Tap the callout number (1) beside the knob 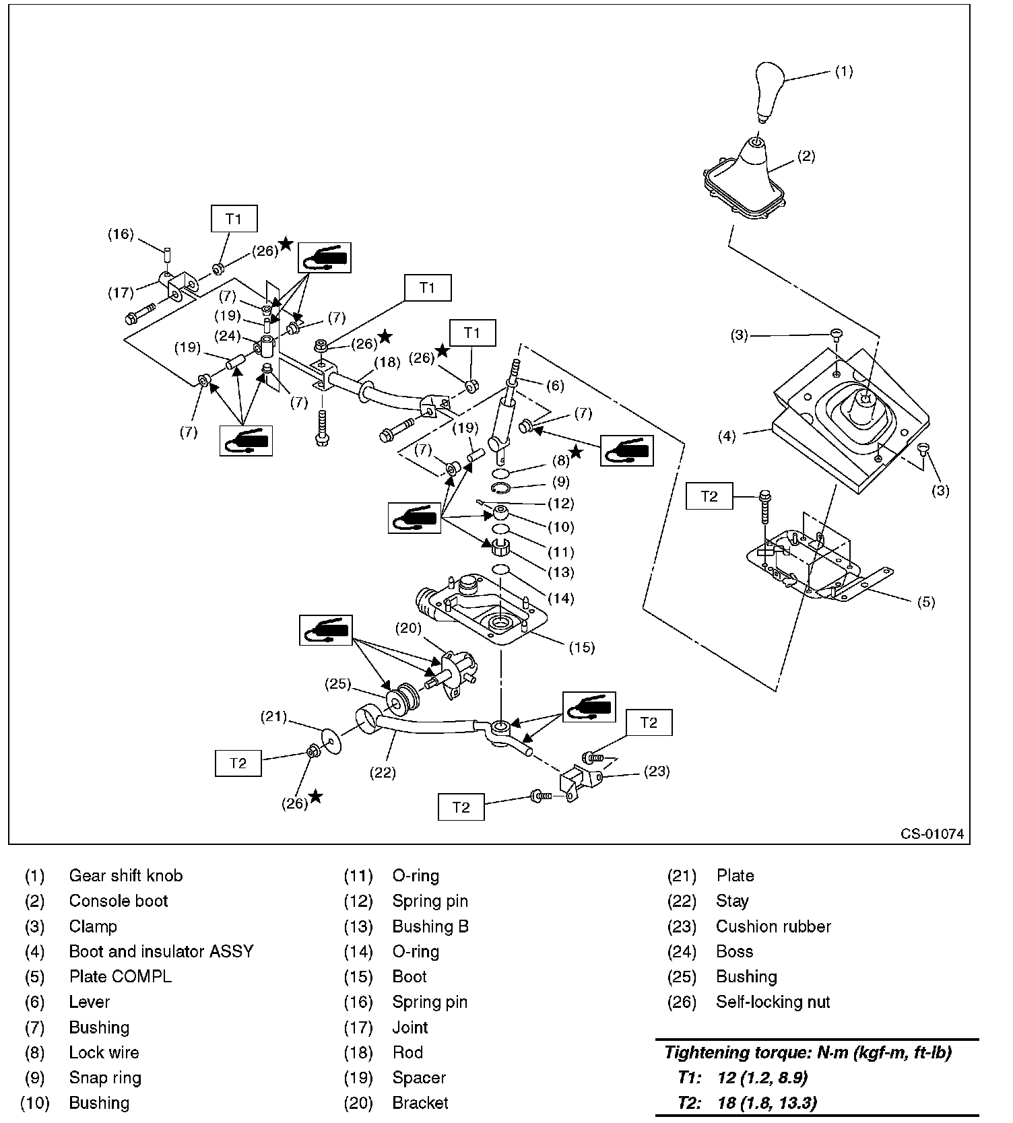click(x=843, y=71)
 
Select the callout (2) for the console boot click(x=806, y=156)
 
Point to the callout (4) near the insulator click(x=727, y=436)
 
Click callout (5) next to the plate click(x=926, y=602)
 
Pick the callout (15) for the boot click(x=582, y=647)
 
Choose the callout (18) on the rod click(x=387, y=362)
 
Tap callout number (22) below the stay click(x=383, y=772)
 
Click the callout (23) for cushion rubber click(x=656, y=771)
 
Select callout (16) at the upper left click(x=121, y=234)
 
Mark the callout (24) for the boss click(x=230, y=335)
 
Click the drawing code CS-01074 click(x=932, y=833)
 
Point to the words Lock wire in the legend click(x=104, y=1052)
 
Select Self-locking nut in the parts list click(x=773, y=1002)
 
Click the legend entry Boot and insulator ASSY click(x=161, y=951)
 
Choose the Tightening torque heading click(x=808, y=1052)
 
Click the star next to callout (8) click(x=576, y=452)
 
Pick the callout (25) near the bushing click(x=338, y=684)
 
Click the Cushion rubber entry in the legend click(x=773, y=926)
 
